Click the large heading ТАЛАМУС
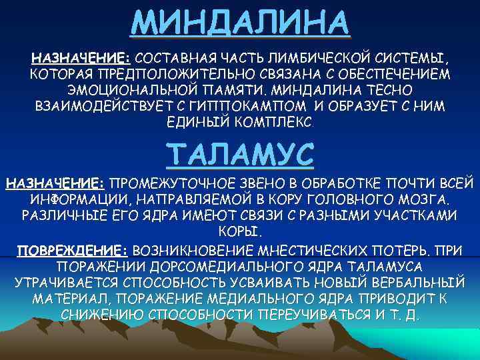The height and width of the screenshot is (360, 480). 240,154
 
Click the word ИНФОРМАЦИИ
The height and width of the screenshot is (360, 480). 70,201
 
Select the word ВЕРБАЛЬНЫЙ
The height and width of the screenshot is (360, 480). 415,282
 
